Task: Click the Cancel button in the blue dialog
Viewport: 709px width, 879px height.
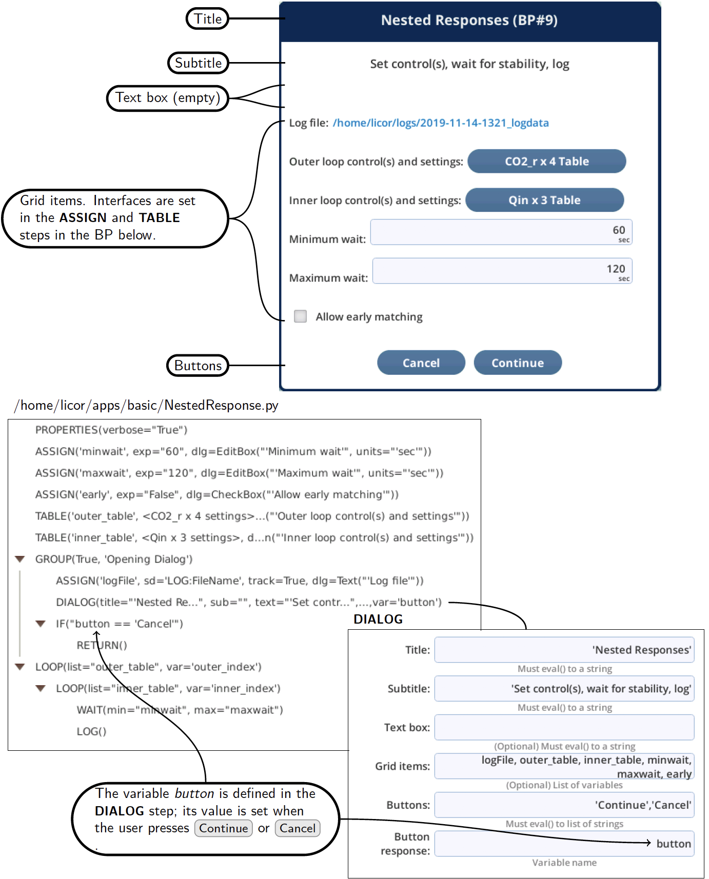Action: (421, 363)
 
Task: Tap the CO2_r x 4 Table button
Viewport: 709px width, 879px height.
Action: (547, 161)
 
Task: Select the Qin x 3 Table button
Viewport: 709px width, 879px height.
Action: (545, 200)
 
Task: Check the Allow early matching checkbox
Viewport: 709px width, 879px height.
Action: (301, 316)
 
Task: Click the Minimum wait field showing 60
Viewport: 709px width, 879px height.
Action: (501, 232)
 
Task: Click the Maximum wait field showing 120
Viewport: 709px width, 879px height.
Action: (502, 271)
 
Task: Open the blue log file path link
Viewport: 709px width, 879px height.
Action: (441, 123)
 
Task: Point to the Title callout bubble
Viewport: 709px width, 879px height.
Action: (207, 19)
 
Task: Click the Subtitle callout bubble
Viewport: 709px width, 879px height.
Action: (199, 63)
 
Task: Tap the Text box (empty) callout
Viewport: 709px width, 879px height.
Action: (168, 98)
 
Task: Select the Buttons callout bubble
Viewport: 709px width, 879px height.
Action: (198, 366)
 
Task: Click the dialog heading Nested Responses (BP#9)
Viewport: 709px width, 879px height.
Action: (469, 20)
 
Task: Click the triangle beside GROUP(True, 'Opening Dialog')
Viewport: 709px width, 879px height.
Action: (20, 559)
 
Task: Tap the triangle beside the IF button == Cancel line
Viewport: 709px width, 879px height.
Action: (41, 624)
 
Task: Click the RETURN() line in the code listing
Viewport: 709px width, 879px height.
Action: (102, 645)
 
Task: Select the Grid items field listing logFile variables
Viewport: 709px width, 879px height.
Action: (564, 766)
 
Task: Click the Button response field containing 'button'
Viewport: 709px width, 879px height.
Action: (564, 844)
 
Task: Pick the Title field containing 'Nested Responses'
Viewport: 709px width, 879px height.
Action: (564, 650)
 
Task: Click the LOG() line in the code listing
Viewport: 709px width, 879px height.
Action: (91, 731)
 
